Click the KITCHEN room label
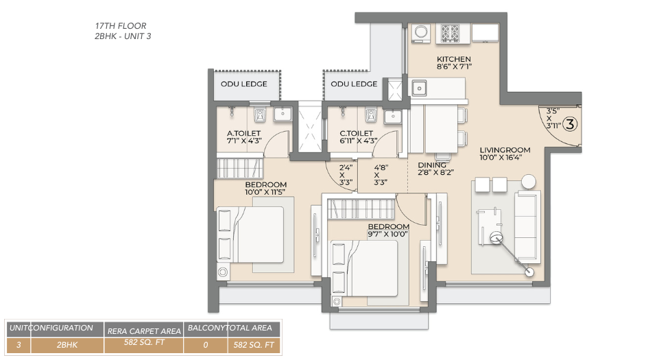(453, 59)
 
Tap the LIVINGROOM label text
(505, 149)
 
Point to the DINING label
(432, 165)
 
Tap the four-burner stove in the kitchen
(451, 33)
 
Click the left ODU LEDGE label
(244, 84)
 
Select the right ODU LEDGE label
(354, 84)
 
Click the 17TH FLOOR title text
(120, 26)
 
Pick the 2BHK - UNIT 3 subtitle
(123, 36)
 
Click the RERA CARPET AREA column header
(144, 331)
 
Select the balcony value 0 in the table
(205, 346)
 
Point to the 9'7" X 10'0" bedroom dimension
(388, 235)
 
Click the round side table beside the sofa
(529, 181)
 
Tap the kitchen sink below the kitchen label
(418, 87)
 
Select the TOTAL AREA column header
(252, 328)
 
